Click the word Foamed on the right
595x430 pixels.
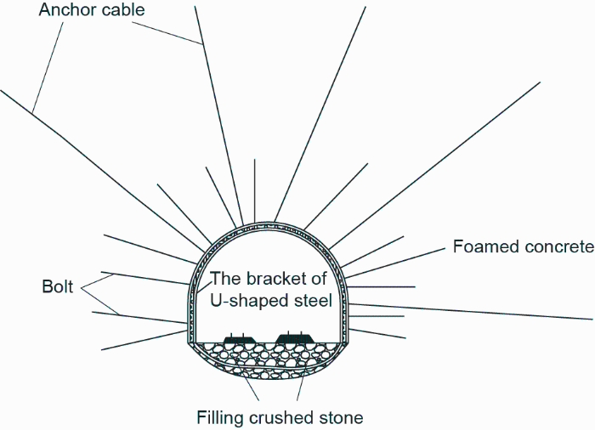point(480,247)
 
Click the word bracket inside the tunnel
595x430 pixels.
point(269,278)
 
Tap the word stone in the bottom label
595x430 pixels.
point(341,417)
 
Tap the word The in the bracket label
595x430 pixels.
point(224,278)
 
